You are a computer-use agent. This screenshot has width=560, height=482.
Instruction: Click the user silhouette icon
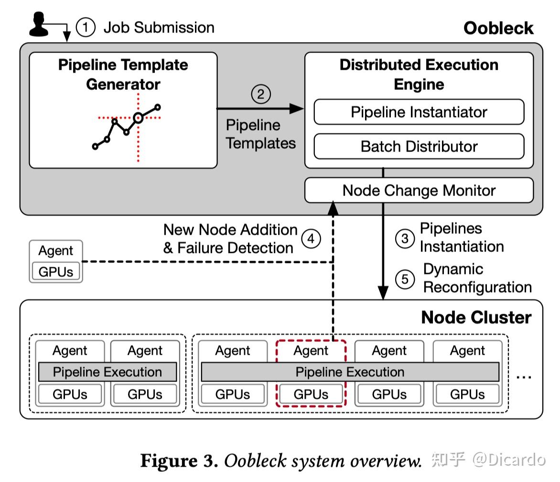[39, 24]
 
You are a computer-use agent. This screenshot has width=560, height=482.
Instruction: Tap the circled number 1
[86, 27]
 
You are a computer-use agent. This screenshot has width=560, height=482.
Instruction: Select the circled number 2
[261, 94]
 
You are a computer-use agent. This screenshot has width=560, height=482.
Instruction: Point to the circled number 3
[405, 238]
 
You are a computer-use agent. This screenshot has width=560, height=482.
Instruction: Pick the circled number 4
[311, 238]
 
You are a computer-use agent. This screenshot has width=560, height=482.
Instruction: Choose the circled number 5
[405, 279]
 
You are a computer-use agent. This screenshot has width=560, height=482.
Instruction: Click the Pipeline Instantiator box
[419, 112]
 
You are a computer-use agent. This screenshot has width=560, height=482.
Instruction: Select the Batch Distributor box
[419, 146]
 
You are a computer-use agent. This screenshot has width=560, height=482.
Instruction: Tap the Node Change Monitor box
[419, 190]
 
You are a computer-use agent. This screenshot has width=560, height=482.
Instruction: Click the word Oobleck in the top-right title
[498, 28]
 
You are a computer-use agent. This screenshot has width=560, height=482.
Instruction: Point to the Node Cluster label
[476, 318]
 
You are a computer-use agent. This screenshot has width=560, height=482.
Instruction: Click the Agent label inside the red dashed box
[311, 351]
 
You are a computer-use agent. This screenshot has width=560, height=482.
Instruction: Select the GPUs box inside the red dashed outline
[311, 394]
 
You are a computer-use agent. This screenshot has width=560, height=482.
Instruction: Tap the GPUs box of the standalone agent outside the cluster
[56, 272]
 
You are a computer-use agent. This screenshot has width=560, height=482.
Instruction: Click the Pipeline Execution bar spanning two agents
[107, 372]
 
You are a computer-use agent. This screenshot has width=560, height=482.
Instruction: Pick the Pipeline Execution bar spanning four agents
[350, 372]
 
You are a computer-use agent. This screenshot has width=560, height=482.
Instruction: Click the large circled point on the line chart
[138, 118]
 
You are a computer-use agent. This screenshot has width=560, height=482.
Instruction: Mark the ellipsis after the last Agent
[524, 377]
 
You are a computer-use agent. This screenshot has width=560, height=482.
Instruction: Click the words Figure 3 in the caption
[179, 460]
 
